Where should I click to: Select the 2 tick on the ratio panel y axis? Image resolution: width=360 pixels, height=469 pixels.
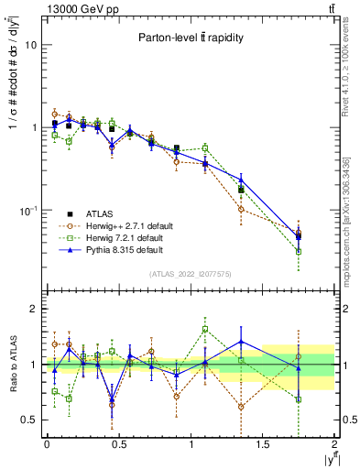pyautogui.click(x=34, y=309)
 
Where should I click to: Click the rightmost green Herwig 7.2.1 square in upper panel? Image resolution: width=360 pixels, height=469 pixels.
pyautogui.click(x=299, y=251)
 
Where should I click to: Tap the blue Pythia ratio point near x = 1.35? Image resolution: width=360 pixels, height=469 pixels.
pyautogui.click(x=241, y=342)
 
